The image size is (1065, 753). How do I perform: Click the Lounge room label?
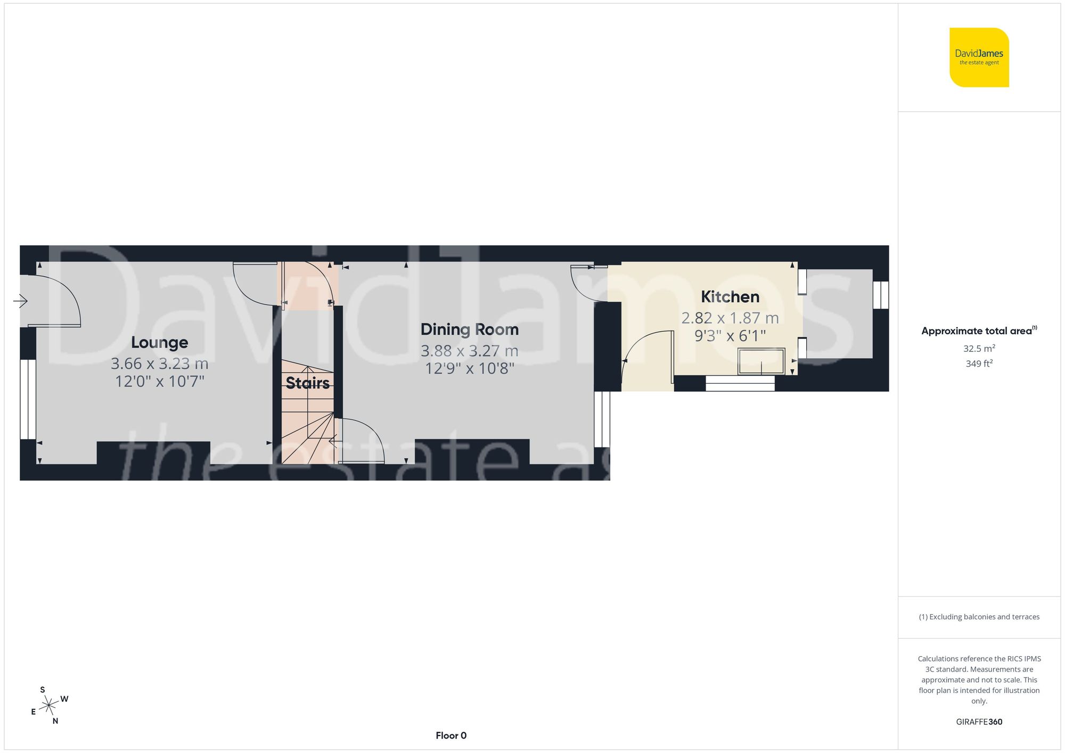pos(159,342)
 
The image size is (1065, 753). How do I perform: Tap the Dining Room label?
pos(469,329)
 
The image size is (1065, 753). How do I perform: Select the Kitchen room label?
pos(730,296)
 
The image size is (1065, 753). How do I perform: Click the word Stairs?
pos(307,383)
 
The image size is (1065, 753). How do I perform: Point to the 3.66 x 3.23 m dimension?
pos(159,363)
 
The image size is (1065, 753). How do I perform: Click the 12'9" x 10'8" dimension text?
pos(469,368)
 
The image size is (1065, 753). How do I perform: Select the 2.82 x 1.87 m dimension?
pos(730,318)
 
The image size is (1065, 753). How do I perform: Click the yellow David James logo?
pos(979,57)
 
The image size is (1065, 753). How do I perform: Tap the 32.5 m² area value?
pos(979,349)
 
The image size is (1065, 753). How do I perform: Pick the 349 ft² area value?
pos(979,363)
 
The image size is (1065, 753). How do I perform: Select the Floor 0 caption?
pos(450,735)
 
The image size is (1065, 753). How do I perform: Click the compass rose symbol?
pos(49,706)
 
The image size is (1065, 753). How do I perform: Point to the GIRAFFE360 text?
pos(979,722)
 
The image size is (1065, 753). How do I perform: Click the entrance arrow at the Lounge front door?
pos(20,301)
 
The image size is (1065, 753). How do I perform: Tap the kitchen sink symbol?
pos(761,361)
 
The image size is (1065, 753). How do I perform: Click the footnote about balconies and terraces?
pos(979,617)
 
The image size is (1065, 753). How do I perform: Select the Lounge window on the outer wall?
pos(28,399)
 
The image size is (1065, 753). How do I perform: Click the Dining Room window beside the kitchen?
pos(602,419)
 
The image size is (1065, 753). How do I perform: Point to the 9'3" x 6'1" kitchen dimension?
pos(730,336)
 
